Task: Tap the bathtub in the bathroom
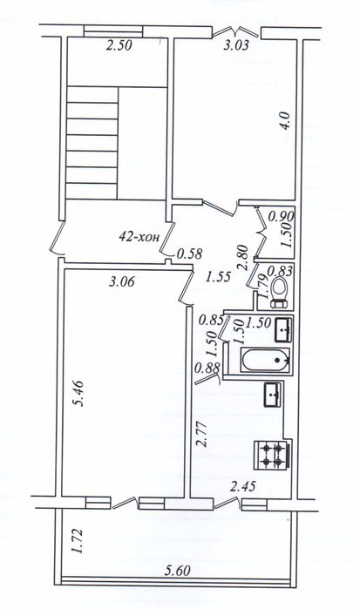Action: [266, 360]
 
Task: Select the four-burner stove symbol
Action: [273, 456]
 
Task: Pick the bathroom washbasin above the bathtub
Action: [282, 329]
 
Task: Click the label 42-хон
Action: [139, 237]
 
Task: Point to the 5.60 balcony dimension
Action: [178, 572]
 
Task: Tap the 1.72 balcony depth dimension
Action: [77, 540]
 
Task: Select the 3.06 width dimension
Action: [122, 281]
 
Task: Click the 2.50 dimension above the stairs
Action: [119, 45]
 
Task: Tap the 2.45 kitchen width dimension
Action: [243, 486]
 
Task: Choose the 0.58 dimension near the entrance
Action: [189, 254]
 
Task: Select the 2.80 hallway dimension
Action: [242, 257]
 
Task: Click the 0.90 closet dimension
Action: [282, 216]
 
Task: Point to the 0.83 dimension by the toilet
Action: [280, 271]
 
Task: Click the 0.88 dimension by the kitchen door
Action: [208, 368]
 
